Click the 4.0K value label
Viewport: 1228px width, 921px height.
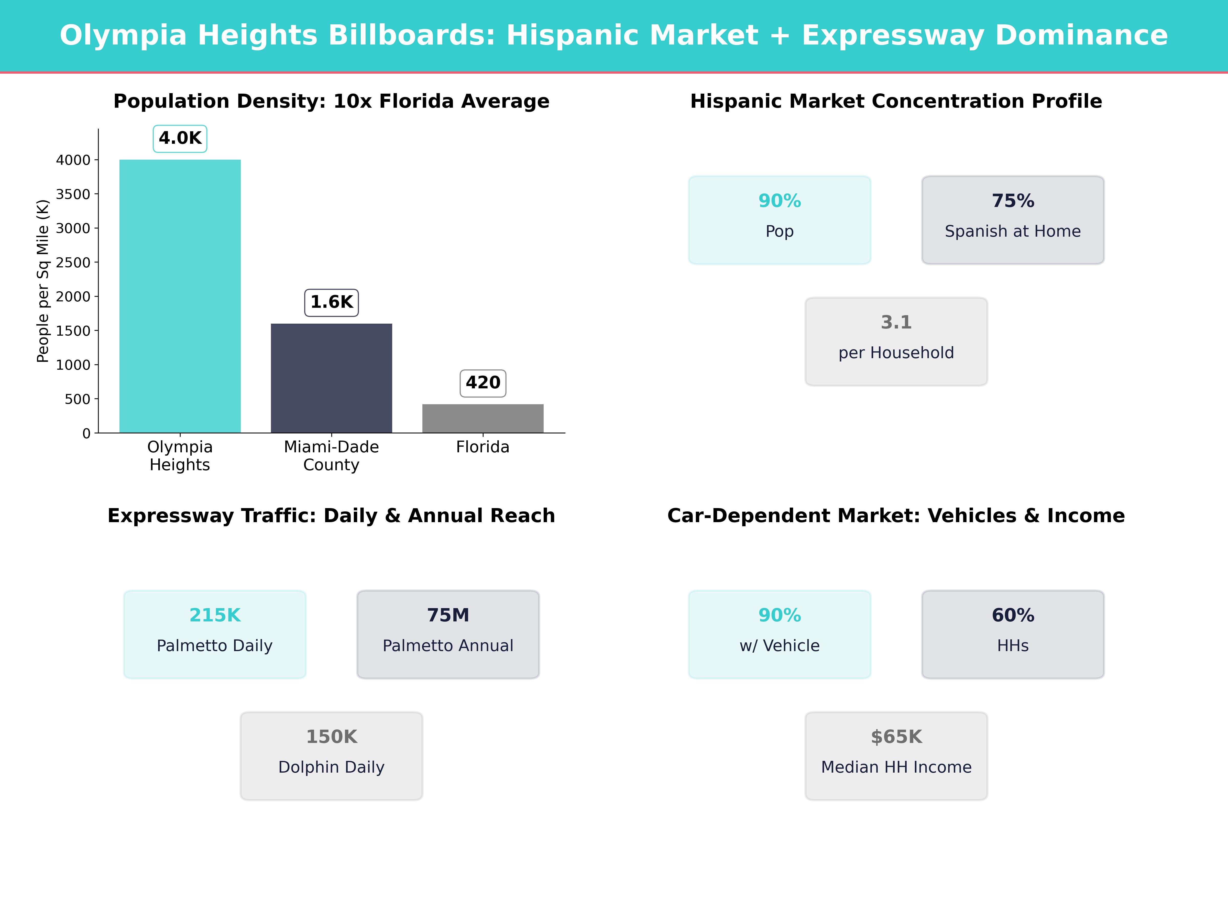pyautogui.click(x=180, y=138)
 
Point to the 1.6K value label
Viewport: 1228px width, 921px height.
pyautogui.click(x=331, y=303)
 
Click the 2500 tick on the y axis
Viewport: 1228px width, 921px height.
pyautogui.click(x=73, y=262)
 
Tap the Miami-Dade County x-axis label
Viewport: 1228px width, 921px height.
pyautogui.click(x=331, y=456)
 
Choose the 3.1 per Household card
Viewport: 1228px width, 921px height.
pyautogui.click(x=896, y=342)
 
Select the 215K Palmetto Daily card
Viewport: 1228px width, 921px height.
pyautogui.click(x=215, y=634)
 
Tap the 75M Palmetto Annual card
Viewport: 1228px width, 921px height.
pyautogui.click(x=448, y=634)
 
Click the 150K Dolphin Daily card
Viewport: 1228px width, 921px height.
pyautogui.click(x=331, y=756)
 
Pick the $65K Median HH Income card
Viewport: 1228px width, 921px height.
pyautogui.click(x=896, y=756)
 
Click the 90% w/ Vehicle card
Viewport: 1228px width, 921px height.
pyautogui.click(x=780, y=634)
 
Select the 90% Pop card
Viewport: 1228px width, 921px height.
pyautogui.click(x=780, y=220)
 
